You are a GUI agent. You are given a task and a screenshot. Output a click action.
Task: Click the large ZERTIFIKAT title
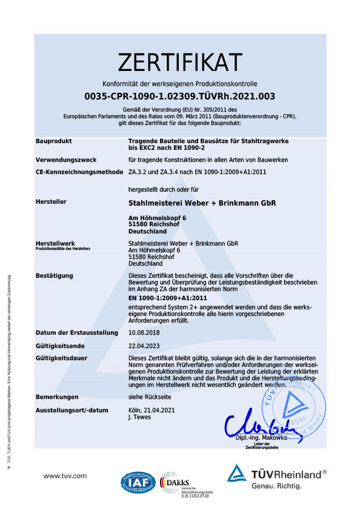180,62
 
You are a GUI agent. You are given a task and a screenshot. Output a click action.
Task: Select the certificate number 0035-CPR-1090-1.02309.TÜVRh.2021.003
180,96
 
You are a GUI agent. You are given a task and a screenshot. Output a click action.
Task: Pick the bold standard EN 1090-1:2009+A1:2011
168,298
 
